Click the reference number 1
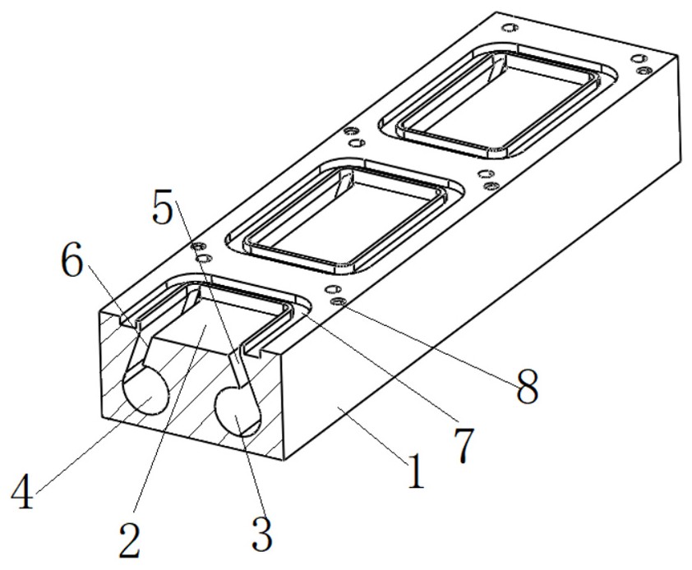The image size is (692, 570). pos(416,471)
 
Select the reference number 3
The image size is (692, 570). pos(261,534)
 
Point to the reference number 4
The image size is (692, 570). pos(22,493)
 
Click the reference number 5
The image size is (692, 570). pos(163,206)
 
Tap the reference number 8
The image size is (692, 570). pos(528,387)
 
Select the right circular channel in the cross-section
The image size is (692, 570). pos(237,411)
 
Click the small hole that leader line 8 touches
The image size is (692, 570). pos(339,301)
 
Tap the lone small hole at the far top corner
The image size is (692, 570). pos(510,28)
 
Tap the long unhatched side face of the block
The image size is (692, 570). pos(441,309)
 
